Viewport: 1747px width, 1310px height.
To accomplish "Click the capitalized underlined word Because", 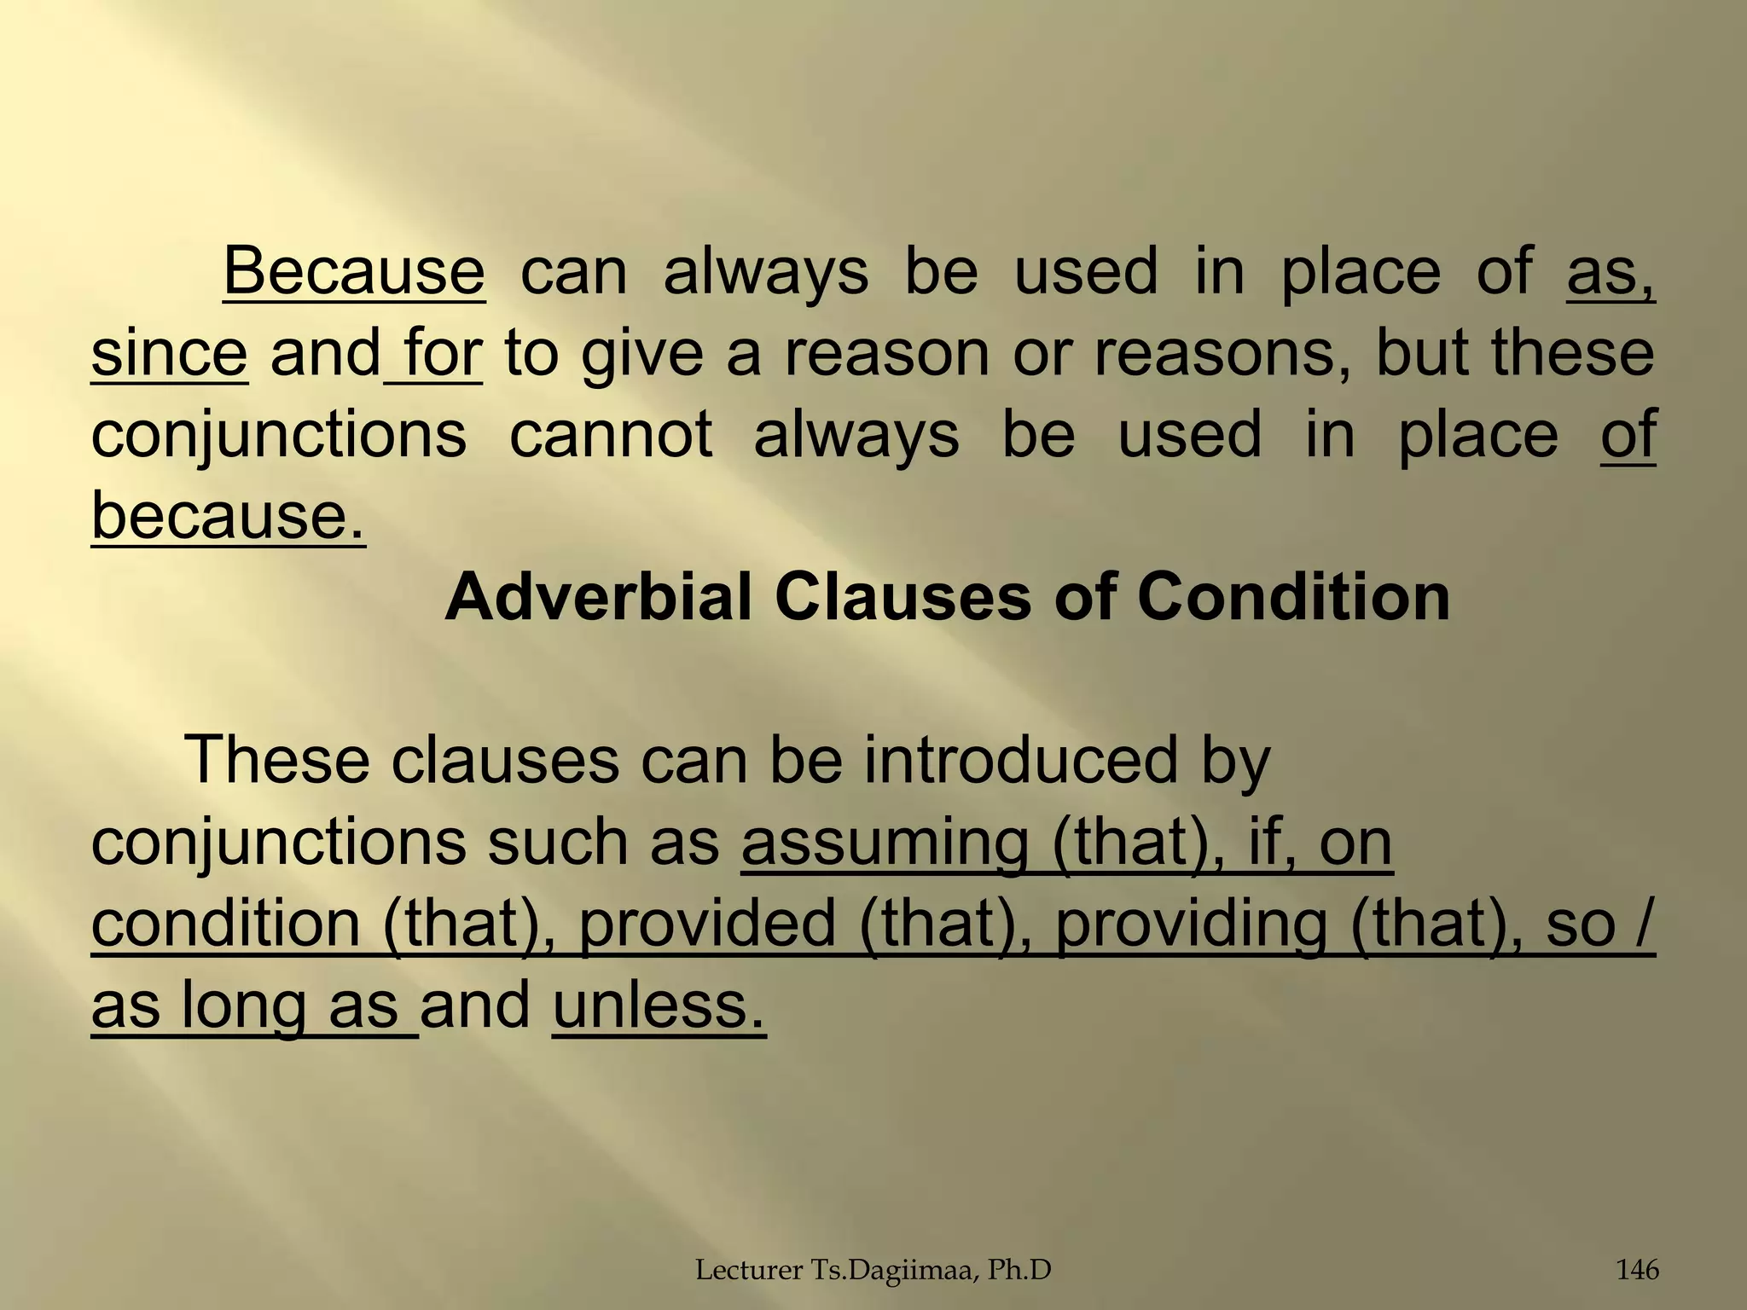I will (x=354, y=271).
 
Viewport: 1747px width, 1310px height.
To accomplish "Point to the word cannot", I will (x=610, y=433).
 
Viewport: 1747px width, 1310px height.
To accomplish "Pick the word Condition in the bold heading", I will (x=1316, y=597).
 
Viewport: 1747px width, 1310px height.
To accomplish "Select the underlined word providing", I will (x=1191, y=924).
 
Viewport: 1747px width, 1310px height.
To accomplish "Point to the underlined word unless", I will (x=659, y=1005).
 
